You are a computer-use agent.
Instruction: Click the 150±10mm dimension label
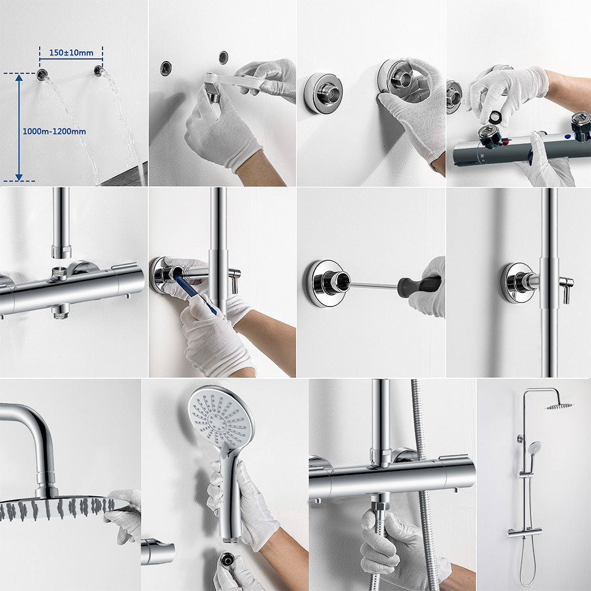point(71,53)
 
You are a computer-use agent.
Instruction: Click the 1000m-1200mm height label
point(54,131)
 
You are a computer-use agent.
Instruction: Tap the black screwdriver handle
point(420,286)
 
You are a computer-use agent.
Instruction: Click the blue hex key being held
point(195,295)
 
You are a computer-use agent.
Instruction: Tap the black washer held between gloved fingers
point(495,117)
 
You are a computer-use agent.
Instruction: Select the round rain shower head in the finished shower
point(559,406)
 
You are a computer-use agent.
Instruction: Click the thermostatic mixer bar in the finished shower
point(525,533)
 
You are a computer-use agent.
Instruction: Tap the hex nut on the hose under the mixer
point(380,506)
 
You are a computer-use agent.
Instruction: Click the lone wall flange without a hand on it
point(323,92)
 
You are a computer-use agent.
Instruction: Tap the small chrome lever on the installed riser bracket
point(567,287)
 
